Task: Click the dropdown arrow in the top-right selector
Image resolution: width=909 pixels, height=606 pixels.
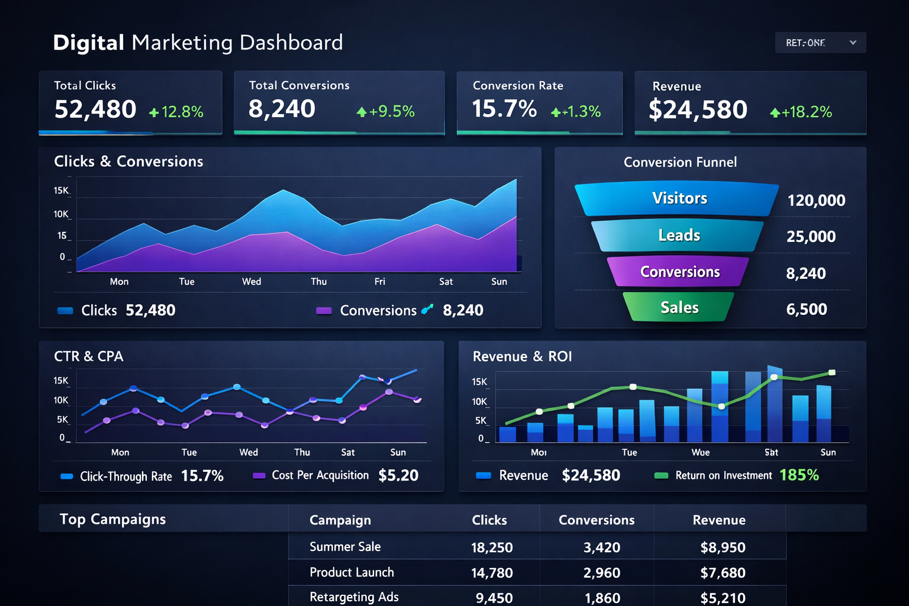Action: coord(853,43)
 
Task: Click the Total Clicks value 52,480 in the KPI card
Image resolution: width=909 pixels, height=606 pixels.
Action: coord(95,109)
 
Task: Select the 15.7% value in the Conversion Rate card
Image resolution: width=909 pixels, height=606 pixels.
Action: coord(504,109)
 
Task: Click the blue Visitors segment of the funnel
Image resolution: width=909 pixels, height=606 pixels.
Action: coord(678,198)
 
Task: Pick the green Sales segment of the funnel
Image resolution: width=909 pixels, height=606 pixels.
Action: coord(679,307)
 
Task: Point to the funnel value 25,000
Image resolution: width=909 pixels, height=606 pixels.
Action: coord(811,237)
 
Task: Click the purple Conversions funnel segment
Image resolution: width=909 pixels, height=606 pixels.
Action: coord(679,272)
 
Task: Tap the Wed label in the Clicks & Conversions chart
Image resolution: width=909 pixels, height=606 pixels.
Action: coord(252,282)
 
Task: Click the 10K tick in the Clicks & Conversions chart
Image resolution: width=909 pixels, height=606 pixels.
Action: coord(61,214)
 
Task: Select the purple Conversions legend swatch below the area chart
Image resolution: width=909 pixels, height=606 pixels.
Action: coord(324,311)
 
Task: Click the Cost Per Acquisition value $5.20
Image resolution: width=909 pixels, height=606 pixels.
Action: coord(398,475)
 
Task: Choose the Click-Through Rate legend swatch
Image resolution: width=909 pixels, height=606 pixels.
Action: coord(67,476)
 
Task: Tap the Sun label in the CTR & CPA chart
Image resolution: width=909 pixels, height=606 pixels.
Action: coord(398,452)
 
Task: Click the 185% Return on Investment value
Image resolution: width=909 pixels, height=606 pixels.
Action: coord(799,475)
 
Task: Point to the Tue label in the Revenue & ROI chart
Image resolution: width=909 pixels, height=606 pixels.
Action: coord(629,452)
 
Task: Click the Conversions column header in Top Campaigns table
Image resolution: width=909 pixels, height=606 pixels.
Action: coord(596,520)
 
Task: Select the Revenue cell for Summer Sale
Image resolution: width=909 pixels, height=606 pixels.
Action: coord(723,547)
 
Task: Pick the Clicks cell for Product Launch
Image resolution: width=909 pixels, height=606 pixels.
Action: coord(491,573)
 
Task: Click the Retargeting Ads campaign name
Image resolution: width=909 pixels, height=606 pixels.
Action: coord(354,597)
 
